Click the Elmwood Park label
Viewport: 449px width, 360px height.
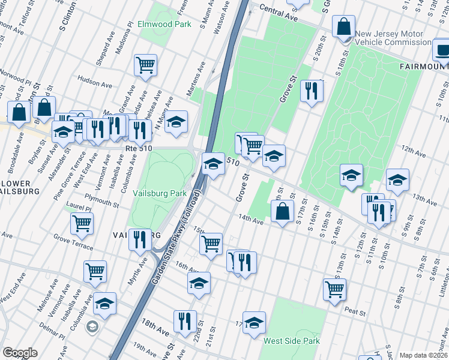pyautogui.click(x=164, y=25)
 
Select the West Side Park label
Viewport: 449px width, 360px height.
pyautogui.click(x=291, y=341)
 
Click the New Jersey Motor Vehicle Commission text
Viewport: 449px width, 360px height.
pyautogui.click(x=393, y=38)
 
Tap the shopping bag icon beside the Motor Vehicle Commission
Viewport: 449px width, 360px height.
pyautogui.click(x=345, y=28)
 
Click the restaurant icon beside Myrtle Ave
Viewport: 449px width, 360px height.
pyautogui.click(x=139, y=239)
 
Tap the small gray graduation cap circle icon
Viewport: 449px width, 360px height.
pyautogui.click(x=92, y=327)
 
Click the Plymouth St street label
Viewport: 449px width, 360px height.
pyautogui.click(x=102, y=200)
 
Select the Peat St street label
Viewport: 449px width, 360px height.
pyautogui.click(x=356, y=311)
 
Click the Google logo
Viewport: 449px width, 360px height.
pyautogui.click(x=20, y=353)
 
